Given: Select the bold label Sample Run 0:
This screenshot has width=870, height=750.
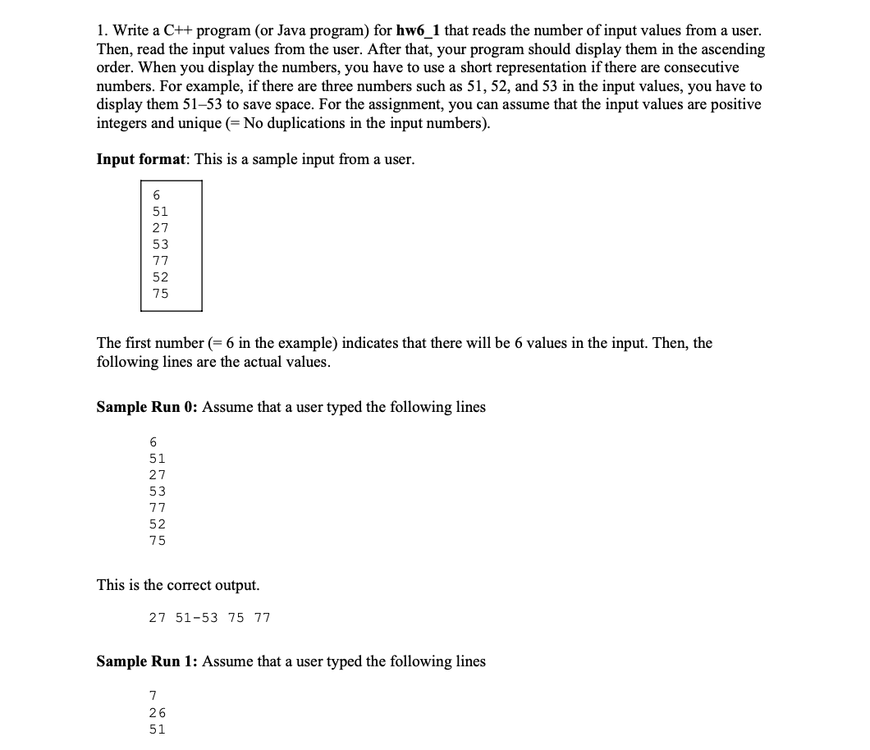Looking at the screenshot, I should point(148,407).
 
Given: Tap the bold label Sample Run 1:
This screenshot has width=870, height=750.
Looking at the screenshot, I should point(148,661).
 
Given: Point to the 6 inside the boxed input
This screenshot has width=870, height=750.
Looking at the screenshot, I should point(156,195).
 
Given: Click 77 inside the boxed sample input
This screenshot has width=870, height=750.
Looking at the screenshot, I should point(160,261).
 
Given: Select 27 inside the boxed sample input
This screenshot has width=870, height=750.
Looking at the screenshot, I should point(160,228).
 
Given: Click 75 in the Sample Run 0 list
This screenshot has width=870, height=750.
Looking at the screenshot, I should point(157,541).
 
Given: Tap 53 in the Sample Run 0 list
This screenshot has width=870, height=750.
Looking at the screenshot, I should point(157,492).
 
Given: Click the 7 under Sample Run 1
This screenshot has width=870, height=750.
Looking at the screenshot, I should point(153,697).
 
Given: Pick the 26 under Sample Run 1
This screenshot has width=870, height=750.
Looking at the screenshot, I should point(157,713).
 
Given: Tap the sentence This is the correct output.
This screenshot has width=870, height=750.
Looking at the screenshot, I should point(178,585).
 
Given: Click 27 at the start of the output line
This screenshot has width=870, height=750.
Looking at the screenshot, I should point(157,618).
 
